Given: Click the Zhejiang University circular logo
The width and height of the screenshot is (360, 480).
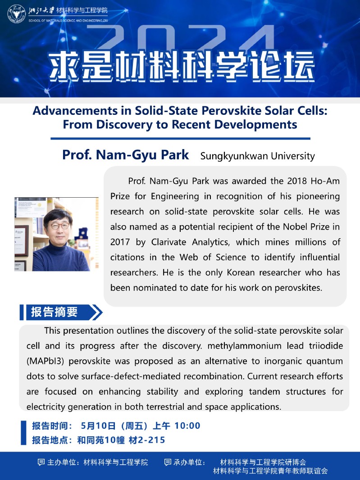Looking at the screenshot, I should pos(16,14).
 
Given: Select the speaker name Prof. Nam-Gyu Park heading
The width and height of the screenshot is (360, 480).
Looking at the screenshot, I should pos(126,155).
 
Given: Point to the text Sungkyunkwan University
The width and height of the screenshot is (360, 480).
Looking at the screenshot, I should pos(257,156).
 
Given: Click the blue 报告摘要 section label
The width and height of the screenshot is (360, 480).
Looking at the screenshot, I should pos(55,312).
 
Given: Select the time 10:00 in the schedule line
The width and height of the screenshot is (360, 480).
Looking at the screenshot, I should pos(187,426).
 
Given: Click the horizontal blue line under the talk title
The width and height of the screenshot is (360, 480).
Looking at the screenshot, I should pos(180,139).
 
